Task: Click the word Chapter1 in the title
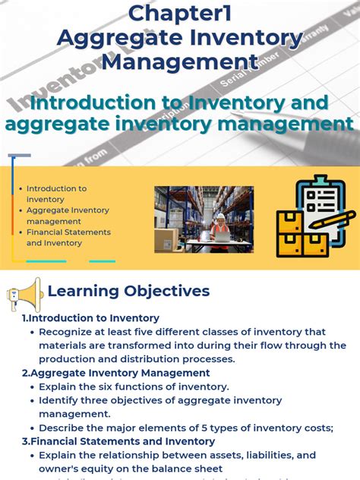click(x=179, y=13)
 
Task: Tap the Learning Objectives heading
click(x=128, y=291)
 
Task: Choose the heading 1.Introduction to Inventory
click(x=90, y=318)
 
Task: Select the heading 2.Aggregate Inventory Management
click(x=115, y=373)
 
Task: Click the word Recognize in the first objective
click(x=69, y=332)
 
